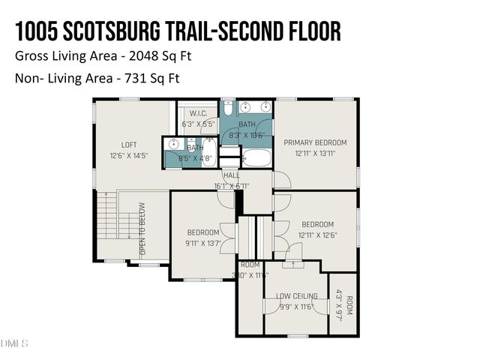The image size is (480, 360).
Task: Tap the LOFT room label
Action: click(x=130, y=145)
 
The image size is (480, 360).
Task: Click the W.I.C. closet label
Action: click(x=198, y=113)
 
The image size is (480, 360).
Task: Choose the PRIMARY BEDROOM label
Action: click(x=315, y=142)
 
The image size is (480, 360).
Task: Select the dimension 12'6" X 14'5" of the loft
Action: click(x=130, y=156)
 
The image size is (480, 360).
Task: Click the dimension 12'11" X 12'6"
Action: click(x=317, y=235)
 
